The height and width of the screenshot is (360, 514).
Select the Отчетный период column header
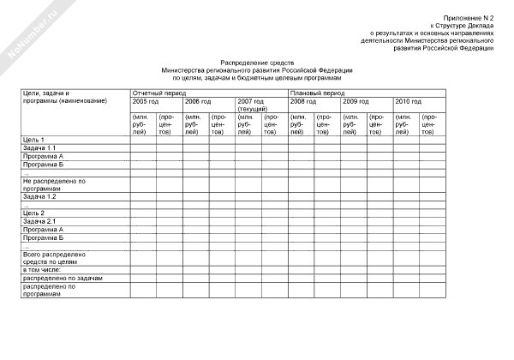[154, 92]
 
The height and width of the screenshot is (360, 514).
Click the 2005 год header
[146, 101]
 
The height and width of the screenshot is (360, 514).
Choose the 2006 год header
[198, 101]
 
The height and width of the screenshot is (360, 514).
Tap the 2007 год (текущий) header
[252, 105]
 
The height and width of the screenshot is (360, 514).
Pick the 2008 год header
[303, 101]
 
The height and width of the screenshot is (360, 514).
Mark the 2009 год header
[356, 101]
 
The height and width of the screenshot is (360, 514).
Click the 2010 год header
[408, 101]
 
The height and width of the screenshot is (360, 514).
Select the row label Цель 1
[33, 140]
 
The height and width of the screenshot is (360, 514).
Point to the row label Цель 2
[33, 213]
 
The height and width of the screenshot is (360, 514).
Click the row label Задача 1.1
[39, 148]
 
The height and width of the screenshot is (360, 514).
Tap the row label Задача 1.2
[39, 196]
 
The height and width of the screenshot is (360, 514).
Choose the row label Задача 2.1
[39, 221]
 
